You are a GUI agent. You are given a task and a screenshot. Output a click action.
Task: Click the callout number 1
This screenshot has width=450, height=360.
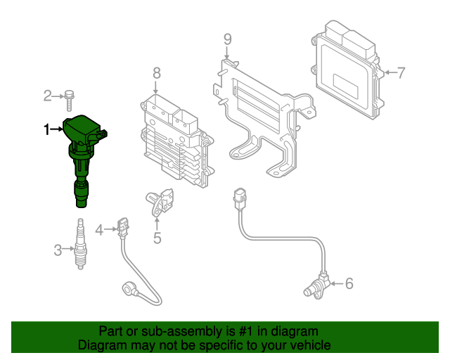pyautogui.click(x=48, y=129)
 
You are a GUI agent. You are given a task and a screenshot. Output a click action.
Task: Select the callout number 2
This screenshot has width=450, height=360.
pyautogui.click(x=48, y=96)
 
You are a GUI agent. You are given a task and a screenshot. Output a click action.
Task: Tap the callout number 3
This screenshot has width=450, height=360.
pyautogui.click(x=58, y=248)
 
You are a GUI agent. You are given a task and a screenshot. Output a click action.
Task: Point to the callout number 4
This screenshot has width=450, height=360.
pyautogui.click(x=99, y=229)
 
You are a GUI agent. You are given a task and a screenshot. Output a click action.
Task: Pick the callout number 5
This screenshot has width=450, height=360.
pyautogui.click(x=157, y=238)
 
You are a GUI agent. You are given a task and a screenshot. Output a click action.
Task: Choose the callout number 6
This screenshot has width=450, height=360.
pyautogui.click(x=349, y=284)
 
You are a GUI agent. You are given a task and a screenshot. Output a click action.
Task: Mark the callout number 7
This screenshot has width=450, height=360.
pyautogui.click(x=401, y=72)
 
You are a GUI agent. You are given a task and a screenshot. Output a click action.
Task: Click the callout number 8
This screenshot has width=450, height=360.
pyautogui.click(x=157, y=72)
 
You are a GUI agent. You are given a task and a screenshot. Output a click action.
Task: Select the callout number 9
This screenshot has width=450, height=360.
pyautogui.click(x=227, y=39)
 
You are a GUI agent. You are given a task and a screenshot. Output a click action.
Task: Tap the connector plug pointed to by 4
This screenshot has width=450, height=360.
pyautogui.click(x=122, y=226)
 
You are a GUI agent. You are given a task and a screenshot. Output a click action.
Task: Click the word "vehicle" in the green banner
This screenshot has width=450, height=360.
pyautogui.click(x=308, y=345)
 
